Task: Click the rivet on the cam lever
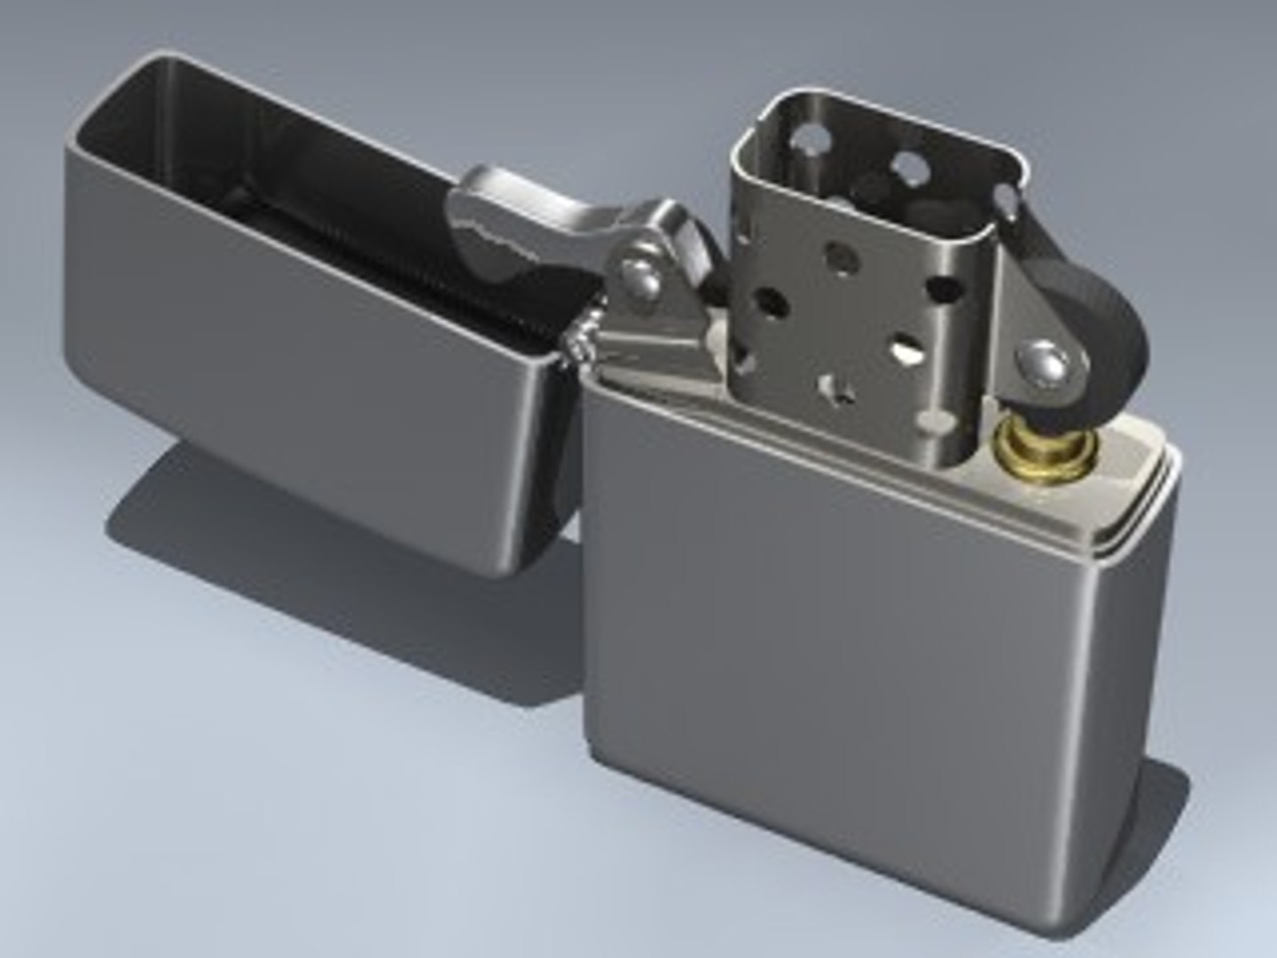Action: click(x=640, y=277)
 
